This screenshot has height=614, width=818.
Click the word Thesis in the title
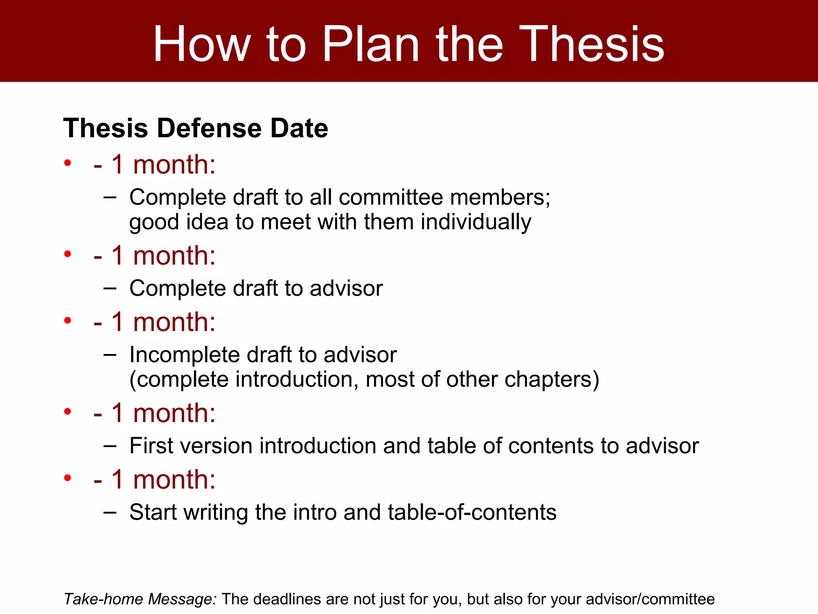point(592,44)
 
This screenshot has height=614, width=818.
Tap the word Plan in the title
point(370,44)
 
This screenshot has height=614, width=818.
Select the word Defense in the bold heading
point(209,128)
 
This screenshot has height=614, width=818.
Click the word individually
point(476,222)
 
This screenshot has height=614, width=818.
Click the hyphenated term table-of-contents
point(472,512)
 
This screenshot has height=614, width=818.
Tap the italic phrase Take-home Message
point(140,599)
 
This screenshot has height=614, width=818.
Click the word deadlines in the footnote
point(287,599)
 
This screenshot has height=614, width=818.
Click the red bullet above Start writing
point(68,478)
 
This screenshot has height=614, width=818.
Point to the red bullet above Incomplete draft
point(68,320)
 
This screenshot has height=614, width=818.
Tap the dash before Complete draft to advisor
point(109,288)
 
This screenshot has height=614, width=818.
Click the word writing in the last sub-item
point(216,512)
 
